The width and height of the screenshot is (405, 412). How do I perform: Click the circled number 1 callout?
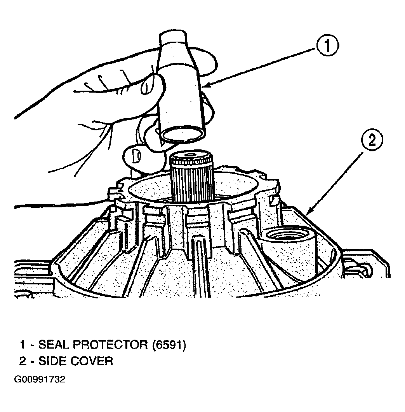[328, 46]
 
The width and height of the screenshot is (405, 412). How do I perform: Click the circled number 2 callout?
[372, 140]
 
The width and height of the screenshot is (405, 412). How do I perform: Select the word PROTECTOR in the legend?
[110, 344]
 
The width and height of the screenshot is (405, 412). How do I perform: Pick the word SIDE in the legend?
[52, 361]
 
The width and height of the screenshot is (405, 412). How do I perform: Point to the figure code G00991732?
[40, 379]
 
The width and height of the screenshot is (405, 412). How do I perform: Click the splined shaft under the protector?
[191, 177]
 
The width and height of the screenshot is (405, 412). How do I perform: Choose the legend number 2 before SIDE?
[23, 361]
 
